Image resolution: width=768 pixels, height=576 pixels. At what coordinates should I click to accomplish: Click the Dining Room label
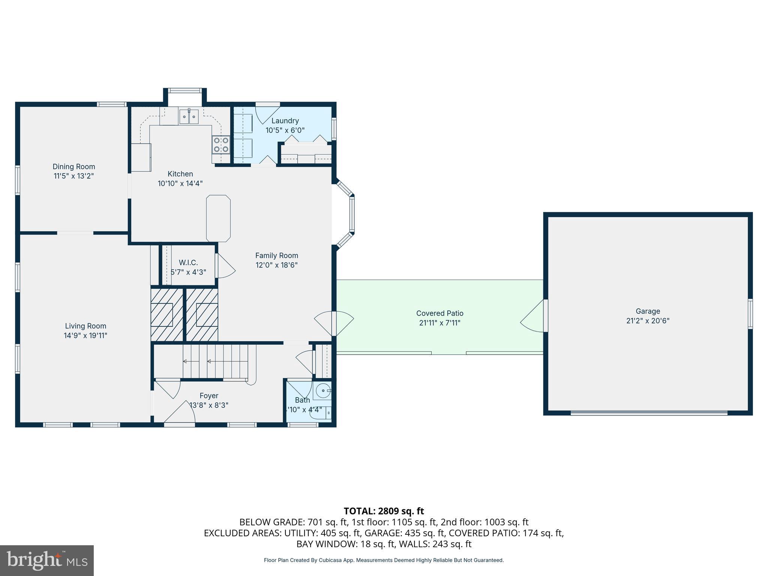pos(73,166)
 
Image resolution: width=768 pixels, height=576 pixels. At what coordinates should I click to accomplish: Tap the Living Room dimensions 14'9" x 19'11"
pos(85,335)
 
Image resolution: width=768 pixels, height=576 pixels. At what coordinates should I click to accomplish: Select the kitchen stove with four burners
pos(221,145)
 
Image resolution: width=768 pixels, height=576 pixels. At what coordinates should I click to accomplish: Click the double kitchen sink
pos(189,117)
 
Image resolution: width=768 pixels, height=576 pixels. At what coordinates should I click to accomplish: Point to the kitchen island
pos(218,218)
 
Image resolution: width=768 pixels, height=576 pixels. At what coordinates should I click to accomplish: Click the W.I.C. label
pos(188,262)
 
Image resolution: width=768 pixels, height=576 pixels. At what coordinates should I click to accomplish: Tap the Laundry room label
pos(285,121)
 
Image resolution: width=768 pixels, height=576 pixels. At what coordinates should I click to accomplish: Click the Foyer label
pos(209,396)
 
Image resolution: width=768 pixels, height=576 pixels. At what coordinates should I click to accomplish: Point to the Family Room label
pos(276,255)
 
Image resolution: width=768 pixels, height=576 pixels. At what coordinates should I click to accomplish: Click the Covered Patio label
pos(439,313)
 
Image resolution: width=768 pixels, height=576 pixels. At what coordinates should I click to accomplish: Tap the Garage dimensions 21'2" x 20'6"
pos(648,321)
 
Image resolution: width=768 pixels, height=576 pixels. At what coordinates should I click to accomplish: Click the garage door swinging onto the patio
pos(532,316)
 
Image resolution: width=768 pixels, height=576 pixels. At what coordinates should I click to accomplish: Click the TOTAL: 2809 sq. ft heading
pos(384,511)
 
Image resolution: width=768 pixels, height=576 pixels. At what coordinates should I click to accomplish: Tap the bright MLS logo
pos(47,560)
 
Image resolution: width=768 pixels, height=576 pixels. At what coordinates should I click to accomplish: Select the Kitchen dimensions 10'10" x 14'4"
pos(180,183)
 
